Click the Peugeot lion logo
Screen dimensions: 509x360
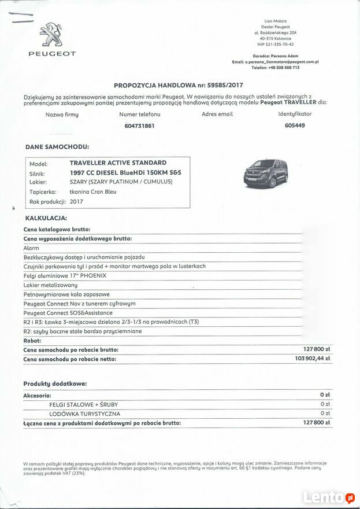(x=52, y=36)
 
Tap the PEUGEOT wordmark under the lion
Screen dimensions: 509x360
(x=52, y=54)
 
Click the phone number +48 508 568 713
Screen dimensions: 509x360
(x=284, y=68)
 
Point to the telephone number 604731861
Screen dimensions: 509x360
(x=139, y=126)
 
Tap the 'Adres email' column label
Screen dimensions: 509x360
(x=217, y=115)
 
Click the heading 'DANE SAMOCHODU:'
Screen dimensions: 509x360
(x=57, y=147)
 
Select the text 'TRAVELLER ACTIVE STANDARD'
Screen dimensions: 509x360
(x=118, y=163)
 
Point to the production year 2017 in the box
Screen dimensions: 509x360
(x=76, y=202)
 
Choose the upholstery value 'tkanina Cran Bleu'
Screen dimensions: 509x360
(x=92, y=191)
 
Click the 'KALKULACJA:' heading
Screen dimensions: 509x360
(x=46, y=218)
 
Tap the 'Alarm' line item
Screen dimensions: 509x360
(x=31, y=248)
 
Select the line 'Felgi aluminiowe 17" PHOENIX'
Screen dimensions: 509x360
(x=65, y=276)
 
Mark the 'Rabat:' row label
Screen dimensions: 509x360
(x=32, y=341)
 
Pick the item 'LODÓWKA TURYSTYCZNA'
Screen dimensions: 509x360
(x=85, y=414)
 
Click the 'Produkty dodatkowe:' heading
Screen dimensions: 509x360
(x=55, y=383)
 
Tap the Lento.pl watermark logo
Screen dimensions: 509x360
(x=329, y=497)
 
